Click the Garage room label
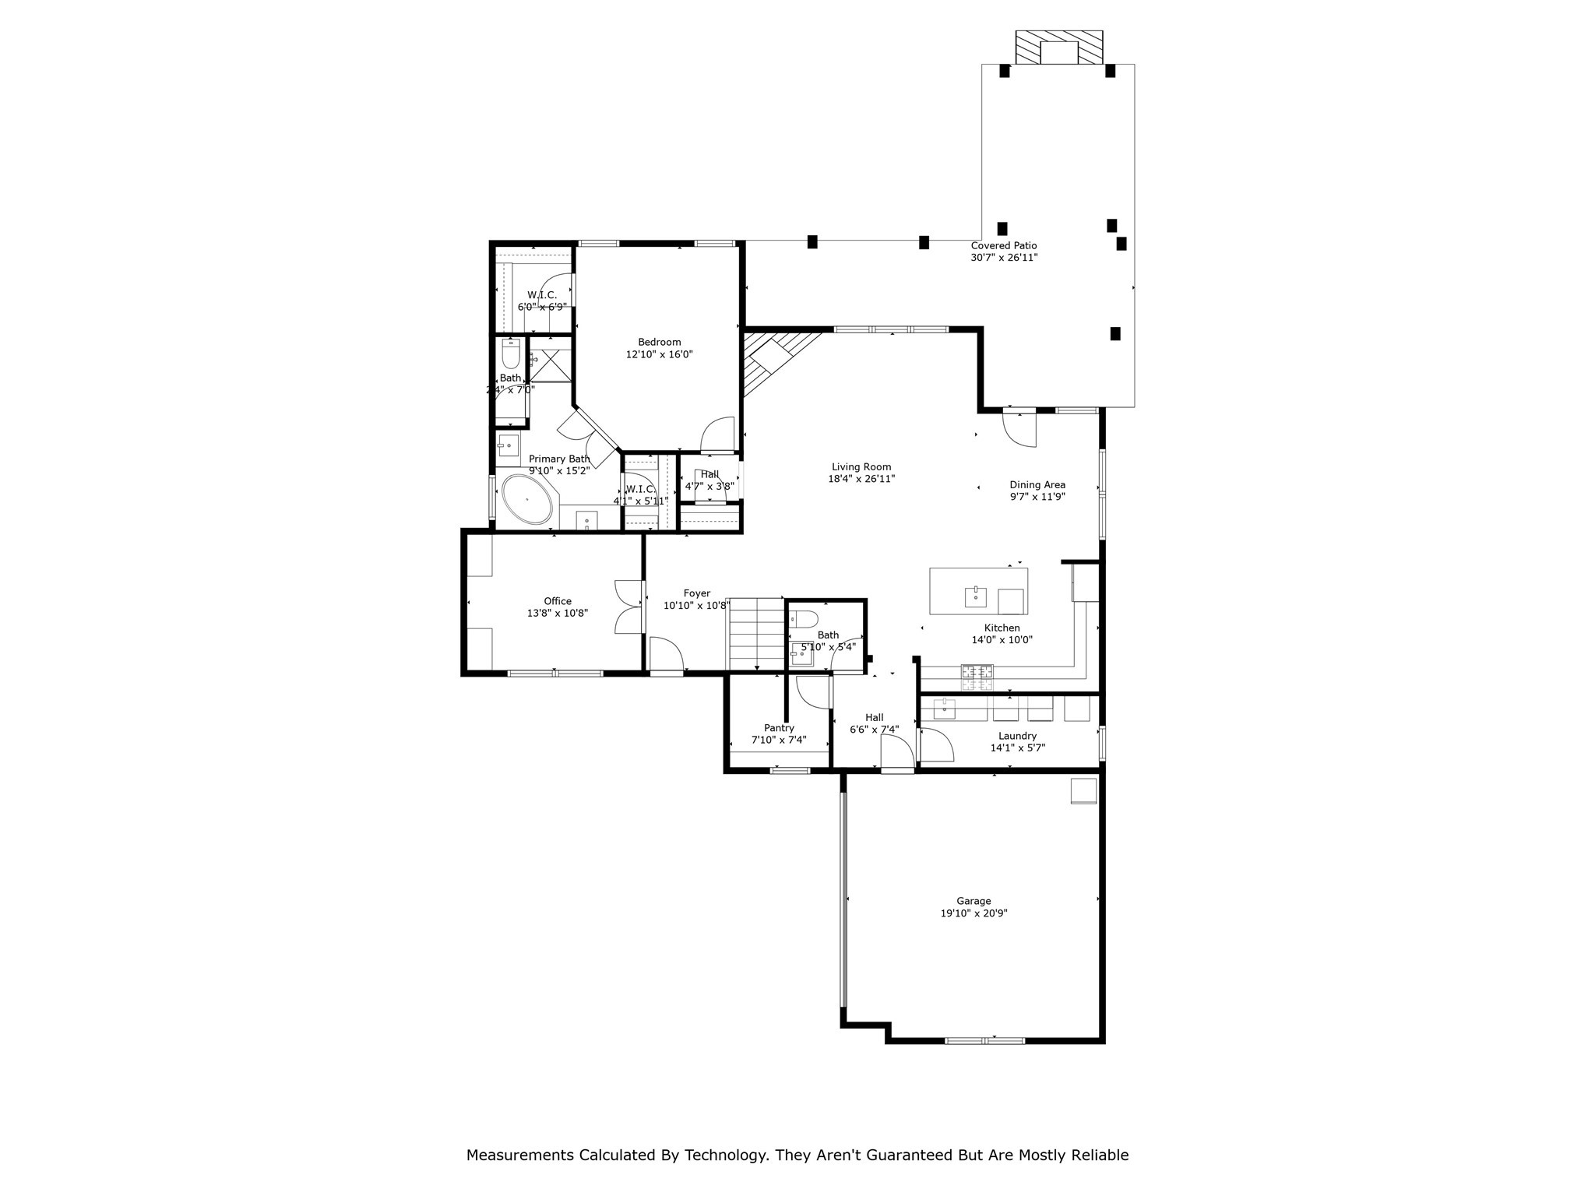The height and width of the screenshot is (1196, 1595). tap(974, 901)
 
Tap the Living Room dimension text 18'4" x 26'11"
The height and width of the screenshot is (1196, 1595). tap(861, 480)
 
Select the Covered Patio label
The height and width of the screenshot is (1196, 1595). tap(1003, 245)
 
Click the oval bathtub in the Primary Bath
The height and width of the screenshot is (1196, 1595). tap(527, 499)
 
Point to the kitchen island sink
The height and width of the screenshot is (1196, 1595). tap(975, 597)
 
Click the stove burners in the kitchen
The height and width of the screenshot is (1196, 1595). tap(977, 677)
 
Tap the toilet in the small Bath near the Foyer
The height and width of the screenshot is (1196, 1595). tap(803, 620)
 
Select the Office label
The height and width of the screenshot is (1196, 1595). tap(557, 601)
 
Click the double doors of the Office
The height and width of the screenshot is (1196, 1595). tap(628, 607)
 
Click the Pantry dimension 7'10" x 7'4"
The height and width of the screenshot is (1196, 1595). tap(778, 740)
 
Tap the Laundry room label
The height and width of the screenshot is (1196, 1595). tap(1017, 736)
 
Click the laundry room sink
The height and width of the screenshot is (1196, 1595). tap(944, 708)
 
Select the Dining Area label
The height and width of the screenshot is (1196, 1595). tap(1037, 484)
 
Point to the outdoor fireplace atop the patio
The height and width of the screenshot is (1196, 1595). tap(1058, 48)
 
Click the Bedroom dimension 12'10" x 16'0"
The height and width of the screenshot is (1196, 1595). tap(659, 354)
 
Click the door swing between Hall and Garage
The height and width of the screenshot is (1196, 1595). tap(897, 752)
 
